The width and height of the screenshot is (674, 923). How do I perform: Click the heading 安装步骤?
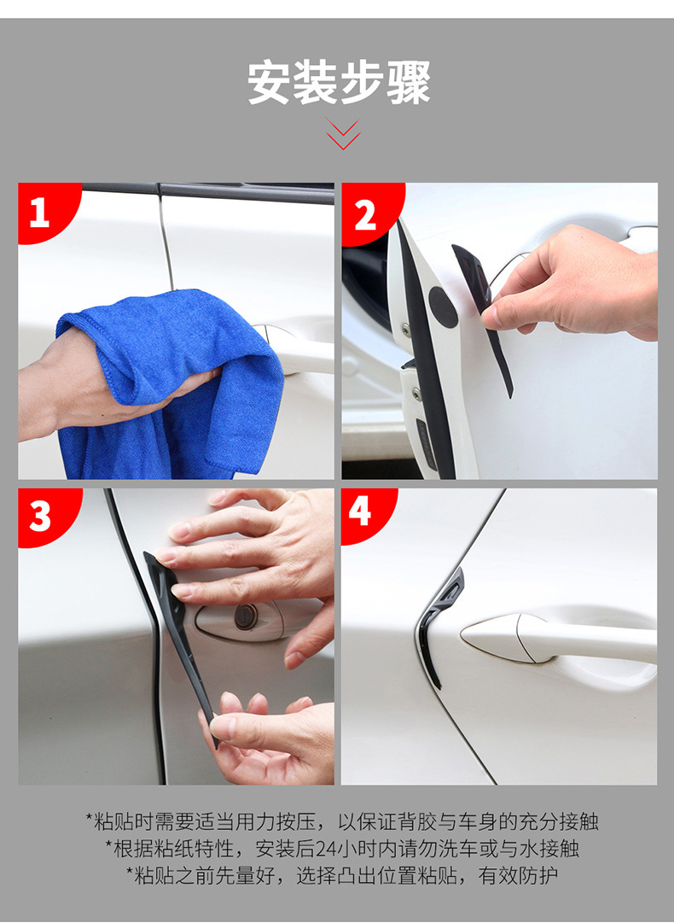339,83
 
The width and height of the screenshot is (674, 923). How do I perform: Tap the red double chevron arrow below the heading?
343,134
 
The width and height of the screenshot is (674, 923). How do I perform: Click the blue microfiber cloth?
171,383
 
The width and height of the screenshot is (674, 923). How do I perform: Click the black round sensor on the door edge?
443,307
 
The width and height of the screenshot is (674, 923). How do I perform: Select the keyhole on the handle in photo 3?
246,617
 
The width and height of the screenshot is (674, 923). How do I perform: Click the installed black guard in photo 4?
436,624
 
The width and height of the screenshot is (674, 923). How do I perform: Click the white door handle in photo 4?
559,639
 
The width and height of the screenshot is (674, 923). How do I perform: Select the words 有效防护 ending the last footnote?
518,876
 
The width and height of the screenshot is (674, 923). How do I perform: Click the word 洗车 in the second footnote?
457,849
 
